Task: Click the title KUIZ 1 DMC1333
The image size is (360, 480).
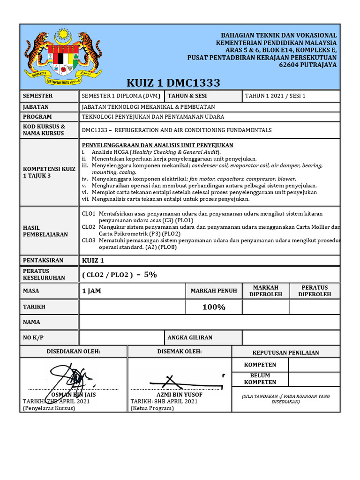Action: [173, 83]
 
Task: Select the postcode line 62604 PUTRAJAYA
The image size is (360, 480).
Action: [311, 65]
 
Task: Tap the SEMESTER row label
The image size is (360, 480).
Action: [38, 96]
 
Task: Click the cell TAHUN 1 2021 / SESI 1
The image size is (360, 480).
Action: [275, 96]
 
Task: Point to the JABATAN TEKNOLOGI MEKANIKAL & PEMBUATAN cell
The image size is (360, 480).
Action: [149, 107]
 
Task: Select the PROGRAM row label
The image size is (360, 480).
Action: [37, 117]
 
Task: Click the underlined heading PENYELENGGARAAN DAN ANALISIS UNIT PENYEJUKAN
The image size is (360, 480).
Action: [157, 145]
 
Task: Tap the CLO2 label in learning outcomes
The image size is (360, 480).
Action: [89, 227]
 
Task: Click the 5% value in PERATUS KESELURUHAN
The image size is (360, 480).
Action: [150, 275]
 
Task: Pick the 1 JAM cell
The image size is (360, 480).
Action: [91, 291]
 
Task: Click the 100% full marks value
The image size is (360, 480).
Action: [214, 307]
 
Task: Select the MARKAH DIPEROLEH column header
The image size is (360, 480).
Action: [266, 291]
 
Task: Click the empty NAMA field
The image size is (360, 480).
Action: [209, 322]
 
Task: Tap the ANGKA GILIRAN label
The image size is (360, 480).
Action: [190, 337]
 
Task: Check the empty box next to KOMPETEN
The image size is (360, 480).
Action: [314, 365]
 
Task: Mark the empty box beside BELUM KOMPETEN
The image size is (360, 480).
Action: [314, 379]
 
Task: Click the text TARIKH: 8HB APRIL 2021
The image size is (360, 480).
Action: [164, 402]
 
